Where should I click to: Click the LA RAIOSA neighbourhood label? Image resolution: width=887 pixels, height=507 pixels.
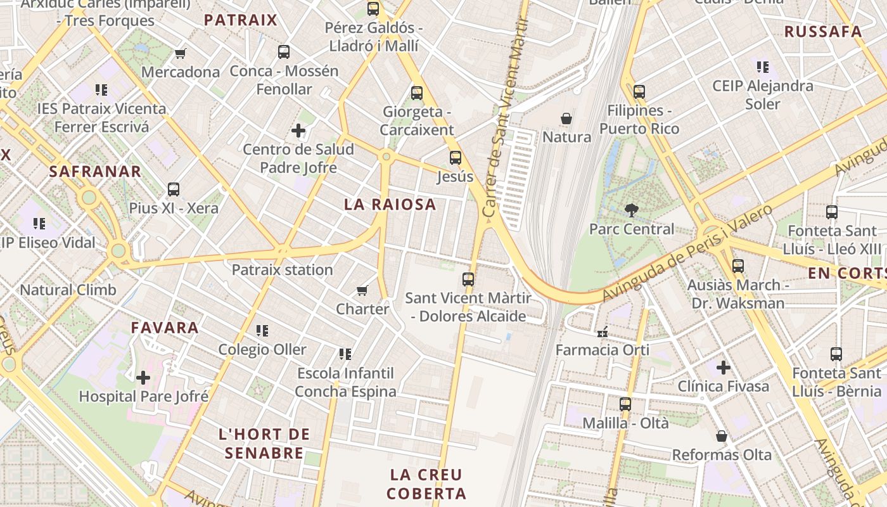click(x=390, y=205)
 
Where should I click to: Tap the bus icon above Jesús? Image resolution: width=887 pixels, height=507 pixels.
click(x=455, y=158)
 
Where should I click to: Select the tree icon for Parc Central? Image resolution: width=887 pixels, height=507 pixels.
click(x=631, y=210)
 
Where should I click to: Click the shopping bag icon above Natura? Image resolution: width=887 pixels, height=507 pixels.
click(x=566, y=119)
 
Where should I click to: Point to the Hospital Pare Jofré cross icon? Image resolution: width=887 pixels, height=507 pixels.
click(x=143, y=378)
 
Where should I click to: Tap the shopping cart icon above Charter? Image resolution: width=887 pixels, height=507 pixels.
click(x=362, y=290)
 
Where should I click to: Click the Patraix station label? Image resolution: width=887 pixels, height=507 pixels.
click(x=282, y=270)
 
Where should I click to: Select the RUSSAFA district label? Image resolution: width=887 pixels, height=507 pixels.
click(x=823, y=32)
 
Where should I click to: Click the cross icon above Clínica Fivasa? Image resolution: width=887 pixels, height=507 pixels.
click(x=723, y=368)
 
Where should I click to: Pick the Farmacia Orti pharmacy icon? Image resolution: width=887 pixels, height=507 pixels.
click(x=602, y=331)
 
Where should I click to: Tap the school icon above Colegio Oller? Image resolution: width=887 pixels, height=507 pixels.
click(x=262, y=331)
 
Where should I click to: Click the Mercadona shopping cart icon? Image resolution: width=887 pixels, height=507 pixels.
click(x=181, y=54)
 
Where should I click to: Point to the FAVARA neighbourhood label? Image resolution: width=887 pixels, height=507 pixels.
click(x=165, y=328)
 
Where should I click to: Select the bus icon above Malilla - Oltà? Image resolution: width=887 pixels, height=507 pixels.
click(x=625, y=404)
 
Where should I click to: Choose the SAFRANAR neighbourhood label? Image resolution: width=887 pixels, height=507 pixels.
click(x=95, y=171)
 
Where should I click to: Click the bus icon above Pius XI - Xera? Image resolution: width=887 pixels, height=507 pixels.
click(x=173, y=189)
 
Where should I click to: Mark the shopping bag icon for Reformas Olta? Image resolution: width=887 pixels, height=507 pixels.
click(x=721, y=436)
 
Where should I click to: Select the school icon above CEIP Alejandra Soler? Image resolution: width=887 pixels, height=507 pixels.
click(x=762, y=67)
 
